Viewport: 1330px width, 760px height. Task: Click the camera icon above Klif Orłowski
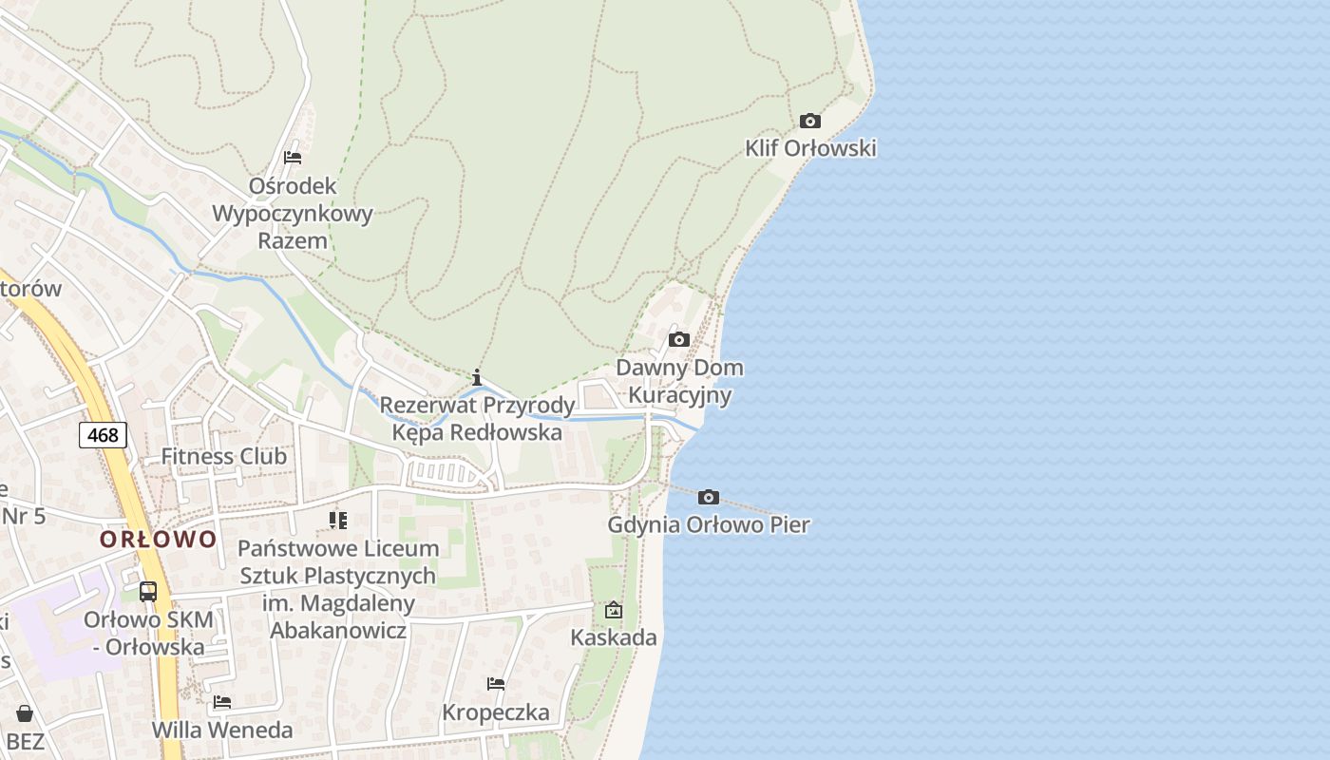point(809,121)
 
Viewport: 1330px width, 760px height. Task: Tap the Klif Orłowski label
point(810,148)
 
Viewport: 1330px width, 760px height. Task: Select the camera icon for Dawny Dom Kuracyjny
point(678,339)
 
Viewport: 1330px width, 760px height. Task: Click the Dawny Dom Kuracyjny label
point(679,381)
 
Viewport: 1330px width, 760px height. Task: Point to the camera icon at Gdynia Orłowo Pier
point(708,497)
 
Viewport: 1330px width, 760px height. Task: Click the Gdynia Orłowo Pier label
point(709,524)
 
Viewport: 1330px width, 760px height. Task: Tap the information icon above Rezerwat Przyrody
point(477,377)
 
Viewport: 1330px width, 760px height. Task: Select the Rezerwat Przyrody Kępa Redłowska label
point(477,419)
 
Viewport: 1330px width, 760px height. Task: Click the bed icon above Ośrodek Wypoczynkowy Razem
point(293,158)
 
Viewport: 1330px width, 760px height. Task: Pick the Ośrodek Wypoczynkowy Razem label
point(293,213)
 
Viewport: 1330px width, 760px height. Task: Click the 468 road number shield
point(103,435)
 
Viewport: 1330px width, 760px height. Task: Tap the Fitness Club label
point(223,456)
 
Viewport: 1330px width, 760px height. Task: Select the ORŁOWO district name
point(159,540)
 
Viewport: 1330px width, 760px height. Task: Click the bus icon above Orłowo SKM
point(147,591)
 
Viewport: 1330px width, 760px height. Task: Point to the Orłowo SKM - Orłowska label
point(147,633)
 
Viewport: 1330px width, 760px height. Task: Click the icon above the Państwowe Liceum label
point(337,520)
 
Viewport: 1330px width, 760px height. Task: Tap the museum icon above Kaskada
point(613,610)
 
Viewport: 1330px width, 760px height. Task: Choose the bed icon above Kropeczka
point(495,684)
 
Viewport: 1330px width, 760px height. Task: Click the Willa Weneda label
point(222,730)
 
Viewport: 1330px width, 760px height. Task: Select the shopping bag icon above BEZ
point(25,713)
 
